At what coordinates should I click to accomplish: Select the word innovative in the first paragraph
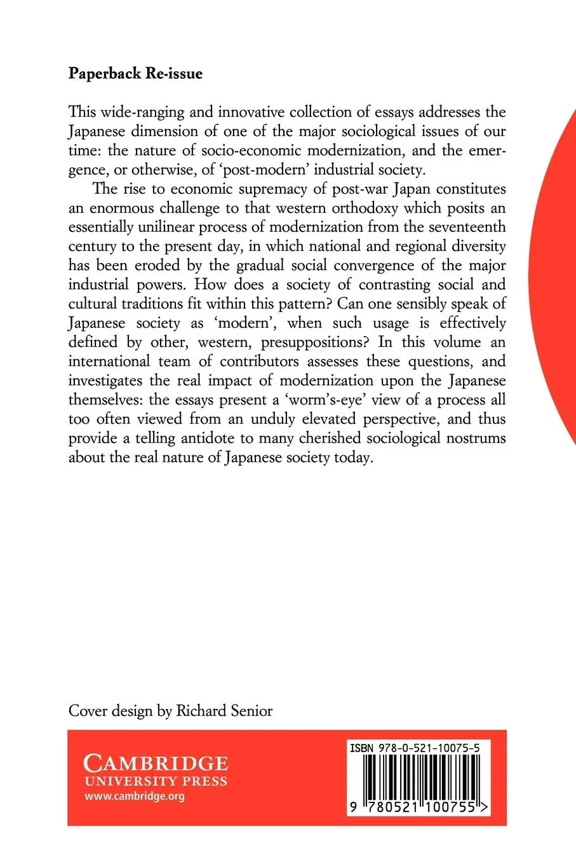click(251, 112)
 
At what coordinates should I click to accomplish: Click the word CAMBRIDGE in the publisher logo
click(156, 762)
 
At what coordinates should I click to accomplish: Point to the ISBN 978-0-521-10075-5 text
click(414, 749)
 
